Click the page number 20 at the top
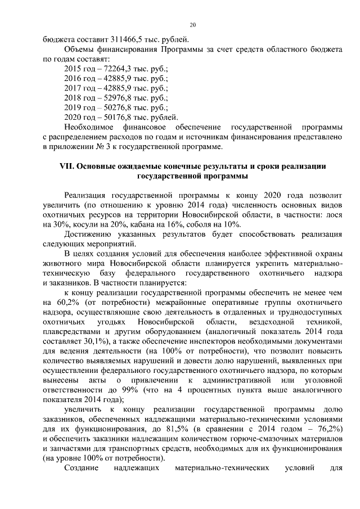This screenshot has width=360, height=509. pos(192,25)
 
